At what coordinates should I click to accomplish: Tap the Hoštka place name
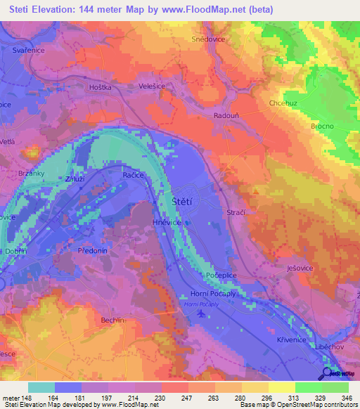101,86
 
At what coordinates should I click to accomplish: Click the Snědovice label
207,40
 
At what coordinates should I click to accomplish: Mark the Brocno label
322,126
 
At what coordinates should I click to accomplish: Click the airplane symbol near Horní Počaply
202,313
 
